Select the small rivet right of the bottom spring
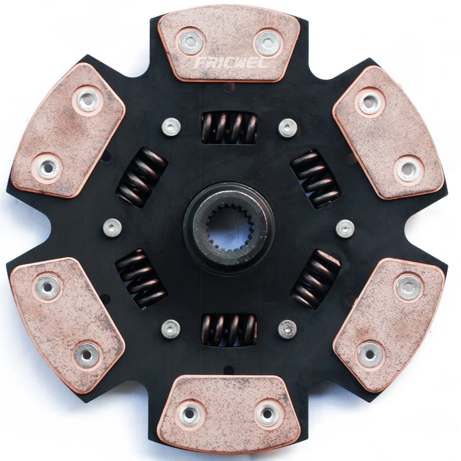pos(288,328)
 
